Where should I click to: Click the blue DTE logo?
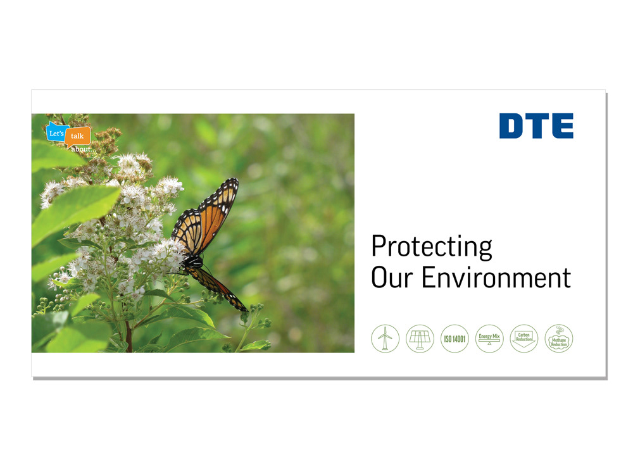pos(536,126)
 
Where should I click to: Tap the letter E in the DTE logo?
pos(562,126)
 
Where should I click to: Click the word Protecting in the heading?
pos(432,247)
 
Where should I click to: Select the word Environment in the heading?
pos(496,278)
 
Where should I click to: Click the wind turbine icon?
pos(385,338)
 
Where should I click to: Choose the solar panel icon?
pos(420,338)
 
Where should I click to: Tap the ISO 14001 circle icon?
pos(454,338)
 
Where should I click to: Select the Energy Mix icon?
pos(489,338)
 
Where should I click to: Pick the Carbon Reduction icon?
pos(524,338)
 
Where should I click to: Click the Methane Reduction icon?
pos(559,338)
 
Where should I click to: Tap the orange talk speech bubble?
pos(77,136)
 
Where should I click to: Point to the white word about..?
pos(83,149)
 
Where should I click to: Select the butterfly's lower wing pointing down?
pos(218,287)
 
